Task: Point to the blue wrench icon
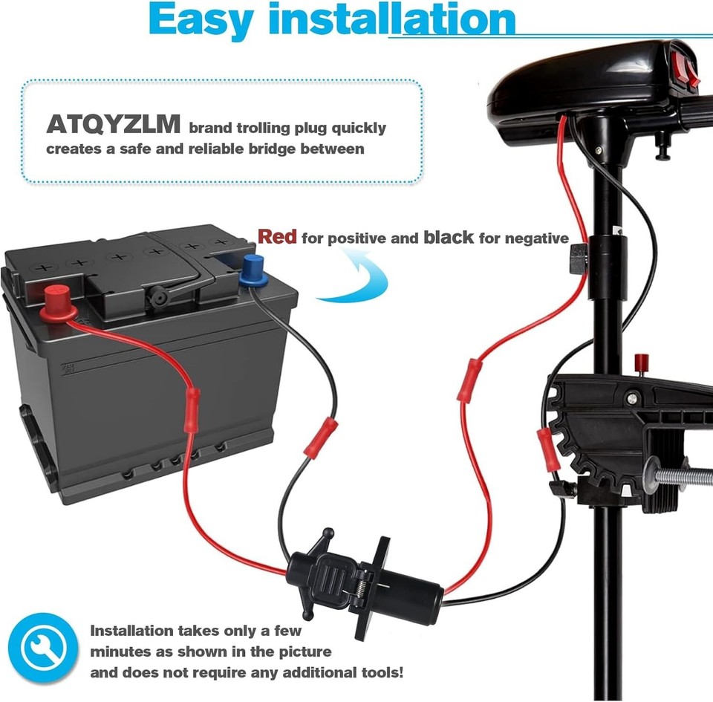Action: coord(43,646)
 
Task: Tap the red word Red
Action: coord(277,237)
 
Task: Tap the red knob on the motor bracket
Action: coord(639,363)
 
